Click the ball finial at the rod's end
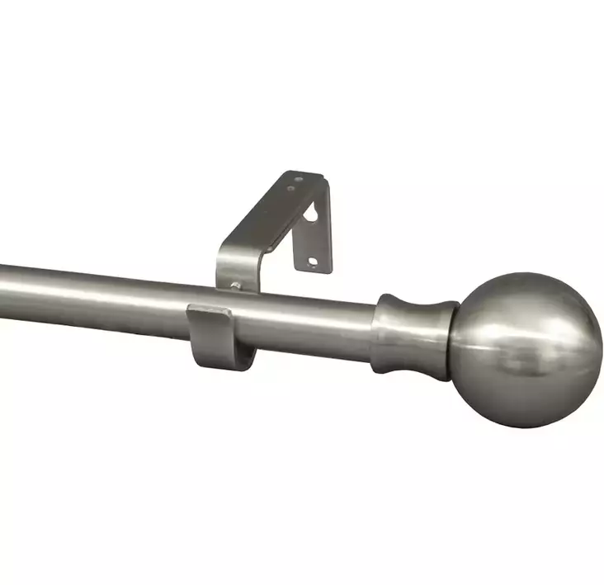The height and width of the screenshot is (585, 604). tap(525, 350)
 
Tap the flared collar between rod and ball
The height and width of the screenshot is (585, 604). tap(413, 333)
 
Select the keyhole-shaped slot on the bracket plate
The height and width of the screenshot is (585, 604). tap(311, 214)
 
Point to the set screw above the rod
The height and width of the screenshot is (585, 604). tap(237, 285)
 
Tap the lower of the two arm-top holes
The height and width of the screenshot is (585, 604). tap(290, 189)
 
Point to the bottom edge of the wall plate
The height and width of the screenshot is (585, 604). tap(317, 271)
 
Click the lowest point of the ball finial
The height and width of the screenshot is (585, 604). tap(528, 427)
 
